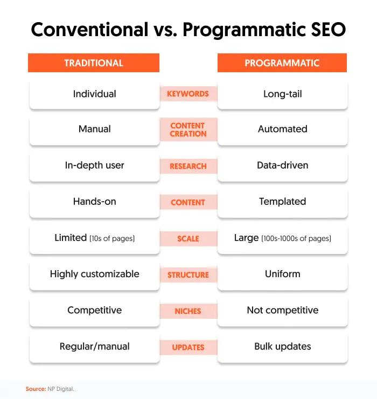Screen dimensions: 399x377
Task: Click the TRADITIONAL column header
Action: pyautogui.click(x=94, y=63)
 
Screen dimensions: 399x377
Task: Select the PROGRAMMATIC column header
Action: pyautogui.click(x=282, y=63)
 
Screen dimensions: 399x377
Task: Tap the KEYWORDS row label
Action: pyautogui.click(x=188, y=94)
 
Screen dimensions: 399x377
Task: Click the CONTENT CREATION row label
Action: pyautogui.click(x=188, y=129)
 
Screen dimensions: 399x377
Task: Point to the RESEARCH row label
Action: pyautogui.click(x=188, y=166)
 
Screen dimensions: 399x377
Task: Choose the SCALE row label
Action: pyautogui.click(x=188, y=238)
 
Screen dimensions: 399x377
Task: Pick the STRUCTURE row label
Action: pyautogui.click(x=188, y=274)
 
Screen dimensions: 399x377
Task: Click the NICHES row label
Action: pyautogui.click(x=188, y=311)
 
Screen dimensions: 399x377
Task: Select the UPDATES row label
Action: pyautogui.click(x=188, y=347)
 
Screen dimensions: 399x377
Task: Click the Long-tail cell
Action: pyautogui.click(x=282, y=94)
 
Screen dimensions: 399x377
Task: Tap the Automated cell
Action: pyautogui.click(x=282, y=129)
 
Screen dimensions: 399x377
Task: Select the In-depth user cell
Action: pyautogui.click(x=94, y=166)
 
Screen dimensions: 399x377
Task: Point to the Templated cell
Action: pyautogui.click(x=282, y=202)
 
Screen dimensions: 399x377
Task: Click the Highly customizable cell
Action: pyautogui.click(x=94, y=274)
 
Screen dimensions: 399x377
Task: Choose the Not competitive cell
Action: pyautogui.click(x=282, y=311)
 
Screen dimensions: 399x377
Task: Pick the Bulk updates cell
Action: pyautogui.click(x=282, y=347)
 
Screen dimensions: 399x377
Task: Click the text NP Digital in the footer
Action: pyautogui.click(x=61, y=389)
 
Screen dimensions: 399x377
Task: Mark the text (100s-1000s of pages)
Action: pyautogui.click(x=297, y=238)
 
